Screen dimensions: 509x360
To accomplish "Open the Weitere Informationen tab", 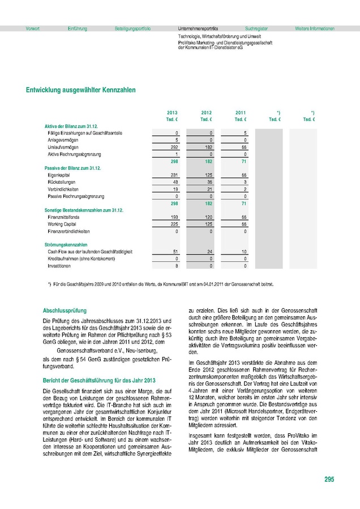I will [x=315, y=28].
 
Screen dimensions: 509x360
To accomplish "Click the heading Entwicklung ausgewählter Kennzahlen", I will [x=80, y=90].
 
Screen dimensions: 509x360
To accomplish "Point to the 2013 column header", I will [x=173, y=113].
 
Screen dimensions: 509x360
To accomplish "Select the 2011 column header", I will [x=241, y=113].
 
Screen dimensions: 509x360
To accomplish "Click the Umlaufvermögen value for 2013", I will [x=174, y=146].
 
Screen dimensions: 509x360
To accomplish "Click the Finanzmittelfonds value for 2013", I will [x=174, y=217].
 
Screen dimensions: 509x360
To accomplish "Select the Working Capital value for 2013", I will [x=174, y=224].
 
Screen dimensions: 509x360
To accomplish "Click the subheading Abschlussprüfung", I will [x=66, y=310].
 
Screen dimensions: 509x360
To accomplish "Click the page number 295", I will [x=329, y=480].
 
